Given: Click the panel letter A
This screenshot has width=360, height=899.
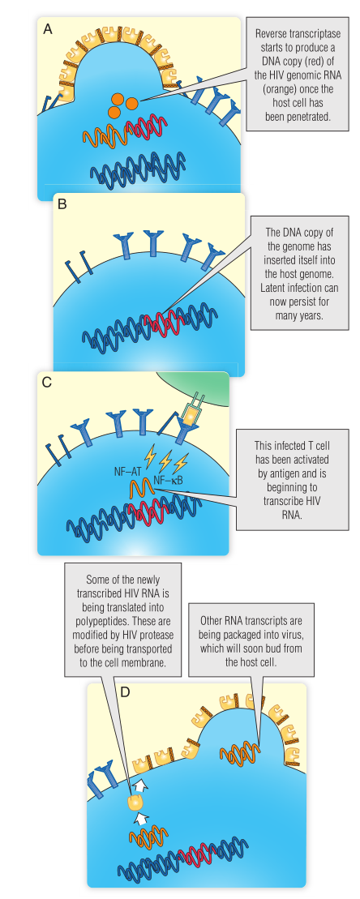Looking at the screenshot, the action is click(x=48, y=29).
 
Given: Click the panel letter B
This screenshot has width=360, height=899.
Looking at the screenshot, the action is click(x=62, y=204).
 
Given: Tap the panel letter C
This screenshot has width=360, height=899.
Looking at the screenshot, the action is click(x=47, y=383).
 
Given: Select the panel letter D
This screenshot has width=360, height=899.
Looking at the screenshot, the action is click(x=125, y=691).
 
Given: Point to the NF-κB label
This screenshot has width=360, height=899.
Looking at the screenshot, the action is click(x=169, y=479).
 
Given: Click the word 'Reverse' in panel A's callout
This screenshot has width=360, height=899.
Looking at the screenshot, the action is click(x=269, y=34).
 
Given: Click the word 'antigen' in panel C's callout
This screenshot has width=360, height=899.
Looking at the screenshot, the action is click(x=285, y=473).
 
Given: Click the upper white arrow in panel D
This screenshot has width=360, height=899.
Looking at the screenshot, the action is click(x=139, y=781).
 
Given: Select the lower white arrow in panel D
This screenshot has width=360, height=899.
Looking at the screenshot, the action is click(x=140, y=816).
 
